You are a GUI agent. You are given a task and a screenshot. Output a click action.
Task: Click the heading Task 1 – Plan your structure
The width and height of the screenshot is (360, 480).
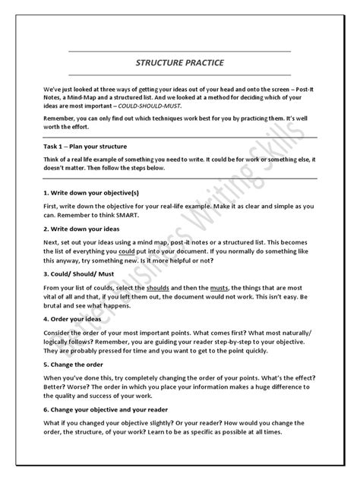coord(107,145)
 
